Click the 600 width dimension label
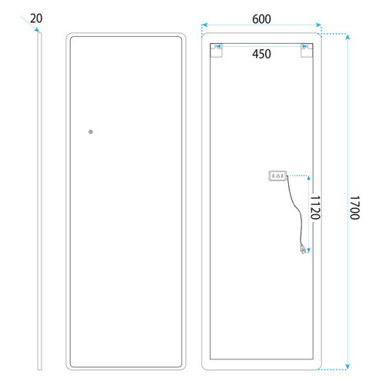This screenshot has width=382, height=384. click(261, 19)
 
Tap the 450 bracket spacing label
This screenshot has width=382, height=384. click(261, 54)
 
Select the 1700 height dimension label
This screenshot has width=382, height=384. click(355, 207)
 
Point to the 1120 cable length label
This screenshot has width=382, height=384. click(315, 207)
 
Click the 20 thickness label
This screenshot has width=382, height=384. click(36, 18)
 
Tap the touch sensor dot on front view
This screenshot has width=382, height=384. click(91, 131)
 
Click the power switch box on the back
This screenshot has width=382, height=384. click(277, 176)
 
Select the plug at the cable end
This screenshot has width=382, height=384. click(303, 249)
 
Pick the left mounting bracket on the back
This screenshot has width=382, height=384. click(216, 51)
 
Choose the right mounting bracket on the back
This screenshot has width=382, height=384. click(307, 51)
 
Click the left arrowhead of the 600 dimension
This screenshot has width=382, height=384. click(204, 25)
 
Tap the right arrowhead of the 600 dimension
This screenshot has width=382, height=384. click(318, 25)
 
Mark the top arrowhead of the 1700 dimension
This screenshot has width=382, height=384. click(347, 37)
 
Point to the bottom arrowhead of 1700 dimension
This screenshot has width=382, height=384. click(347, 366)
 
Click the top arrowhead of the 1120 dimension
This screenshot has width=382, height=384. click(309, 178)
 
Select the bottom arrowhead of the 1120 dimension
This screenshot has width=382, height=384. click(309, 250)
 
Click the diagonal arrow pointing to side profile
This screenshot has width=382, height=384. click(30, 24)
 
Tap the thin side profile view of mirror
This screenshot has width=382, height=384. click(39, 201)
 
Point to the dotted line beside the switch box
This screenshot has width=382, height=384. click(297, 175)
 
